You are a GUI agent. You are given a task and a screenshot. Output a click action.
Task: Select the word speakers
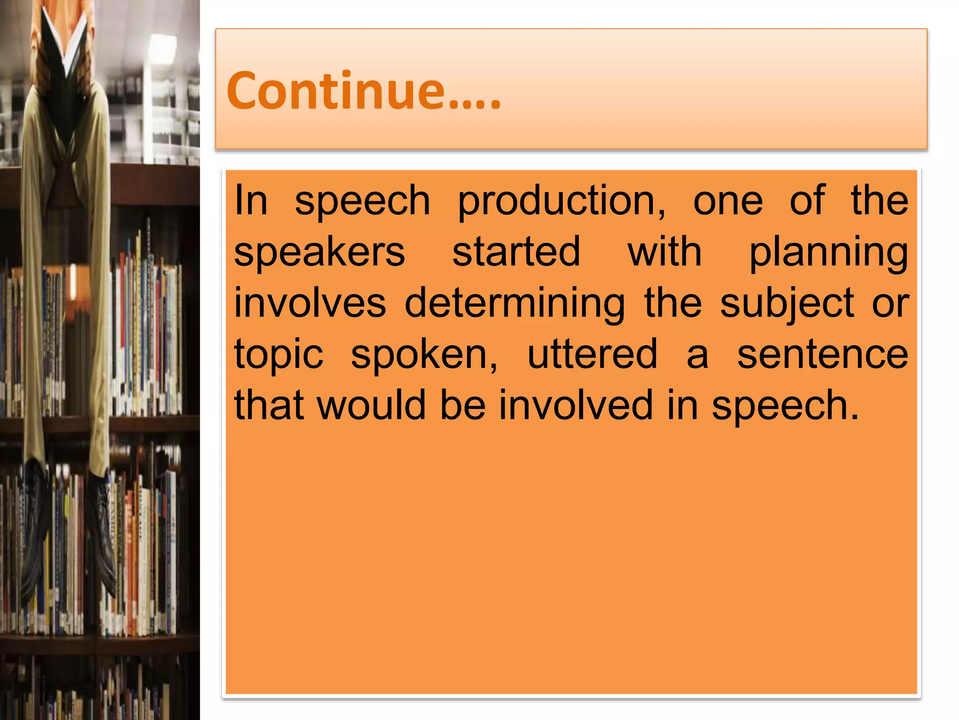pyautogui.click(x=319, y=252)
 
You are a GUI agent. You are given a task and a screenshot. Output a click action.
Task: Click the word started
pyautogui.click(x=516, y=252)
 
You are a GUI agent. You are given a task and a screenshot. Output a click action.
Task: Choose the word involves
pyautogui.click(x=310, y=303)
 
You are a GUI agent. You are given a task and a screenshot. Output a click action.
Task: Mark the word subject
pyautogui.click(x=787, y=304)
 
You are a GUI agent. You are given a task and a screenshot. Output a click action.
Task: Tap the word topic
pyautogui.click(x=279, y=355)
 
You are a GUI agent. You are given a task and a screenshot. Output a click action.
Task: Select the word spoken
pyautogui.click(x=424, y=355)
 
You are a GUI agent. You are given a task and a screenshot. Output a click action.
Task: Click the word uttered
pyautogui.click(x=592, y=354)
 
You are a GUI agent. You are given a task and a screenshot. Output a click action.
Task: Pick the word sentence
pyautogui.click(x=823, y=354)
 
